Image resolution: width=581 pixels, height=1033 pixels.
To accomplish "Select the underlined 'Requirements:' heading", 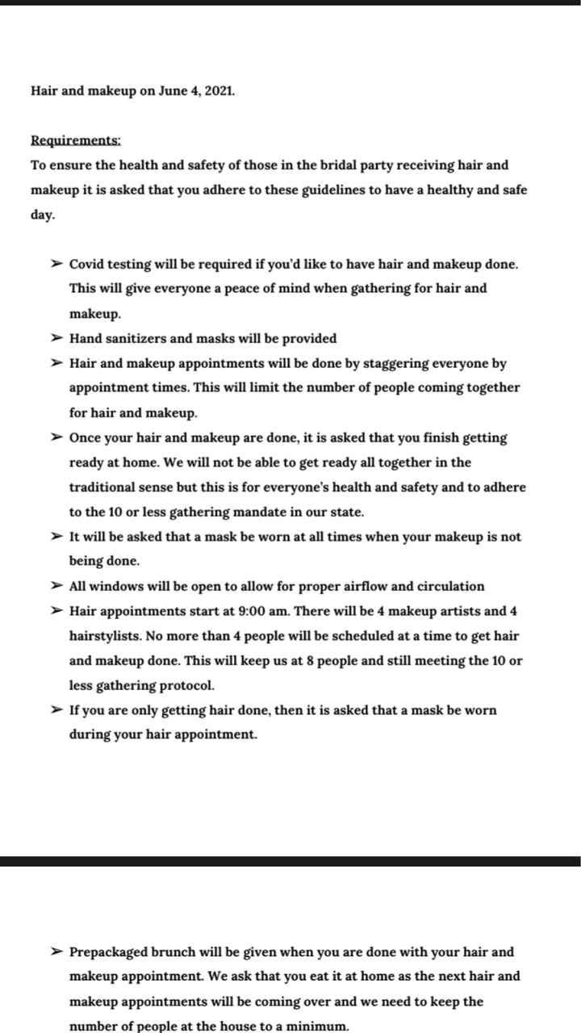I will coord(76,140).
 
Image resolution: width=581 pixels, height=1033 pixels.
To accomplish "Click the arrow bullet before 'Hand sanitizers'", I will coord(56,338).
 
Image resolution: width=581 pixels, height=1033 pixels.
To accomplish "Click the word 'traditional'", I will coord(105,487).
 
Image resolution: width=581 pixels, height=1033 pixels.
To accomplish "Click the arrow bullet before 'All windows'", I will coord(56,586).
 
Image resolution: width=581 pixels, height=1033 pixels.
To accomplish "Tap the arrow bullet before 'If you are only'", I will coord(56,710).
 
